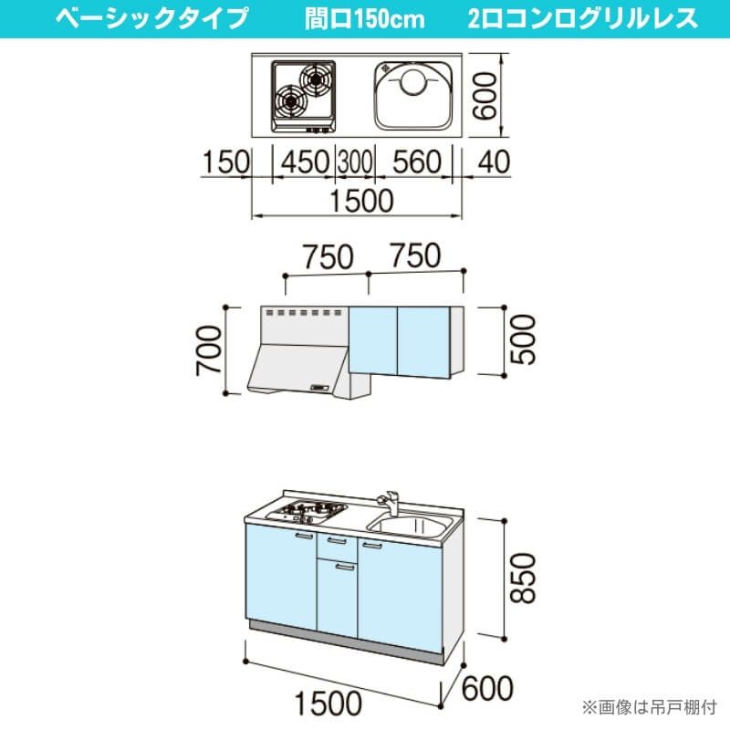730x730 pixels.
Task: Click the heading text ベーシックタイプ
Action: pyautogui.click(x=151, y=18)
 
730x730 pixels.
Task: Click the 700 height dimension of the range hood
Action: pyautogui.click(x=209, y=349)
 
